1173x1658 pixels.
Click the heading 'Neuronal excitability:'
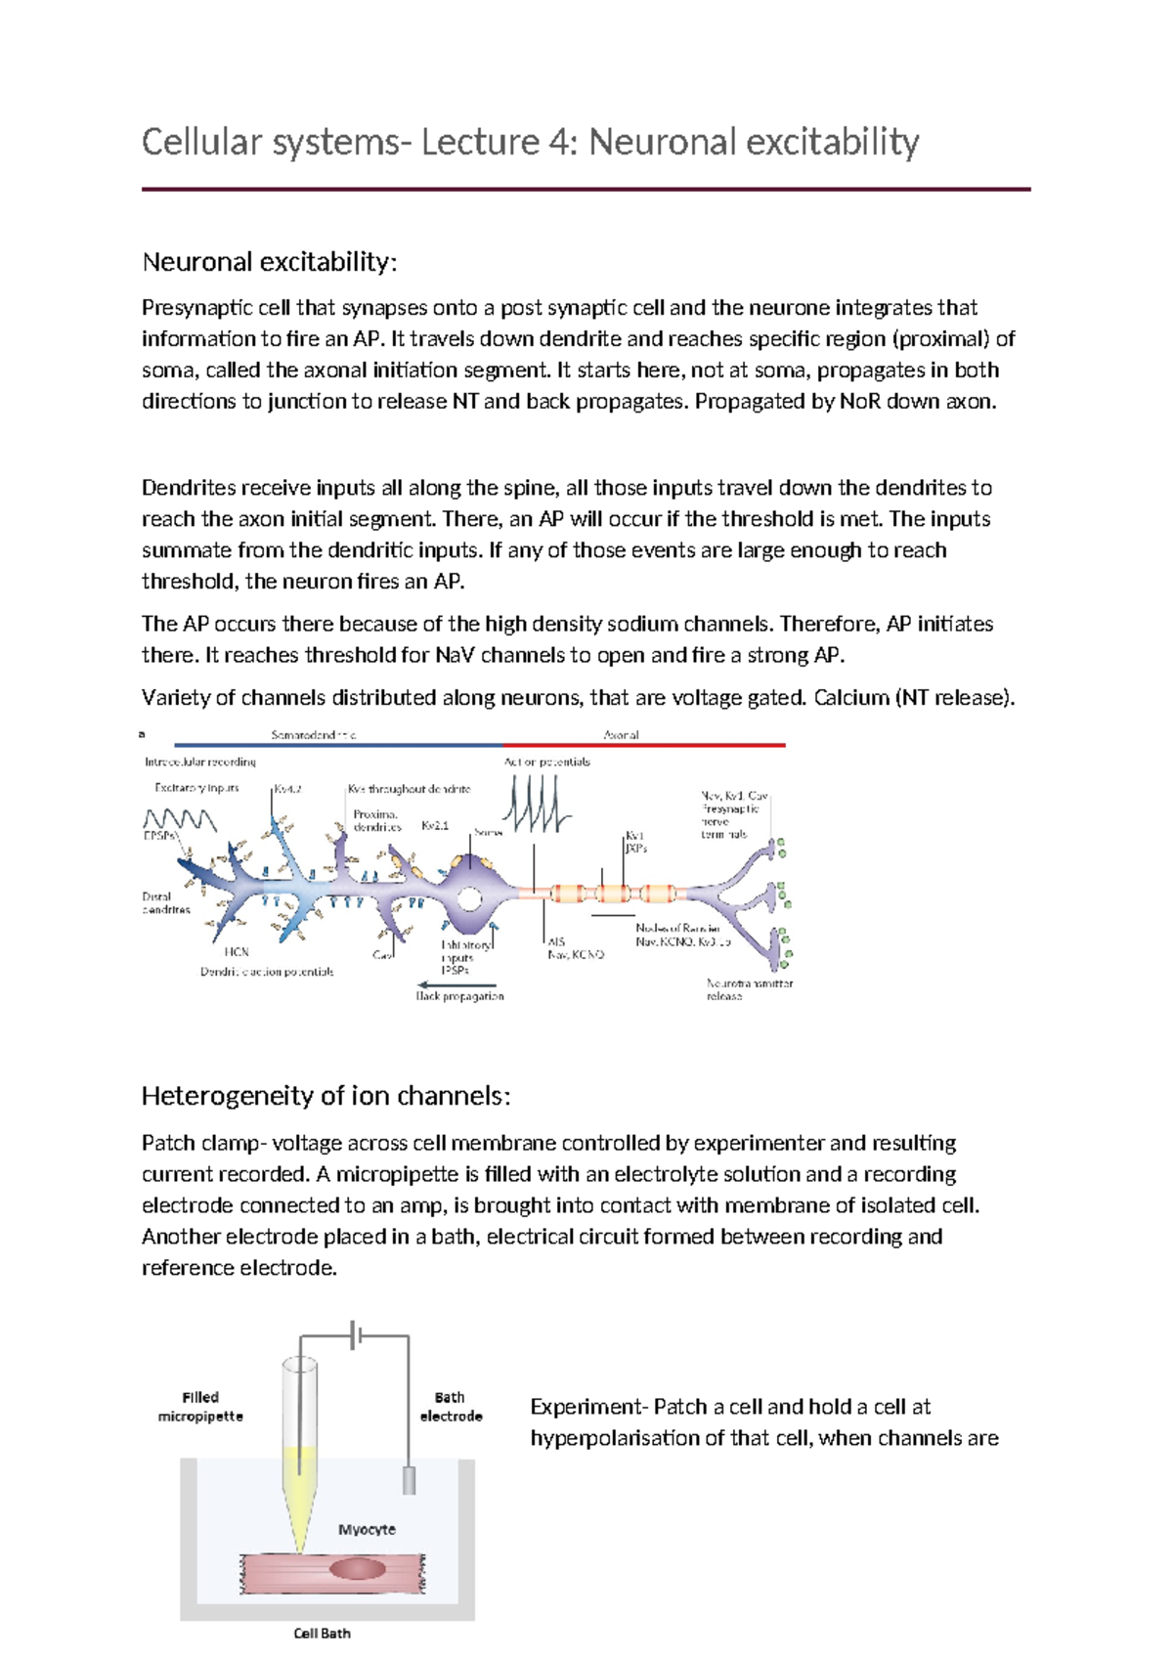[x=269, y=262]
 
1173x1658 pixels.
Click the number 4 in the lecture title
[x=558, y=143]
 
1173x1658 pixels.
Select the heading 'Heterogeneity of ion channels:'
[x=326, y=1096]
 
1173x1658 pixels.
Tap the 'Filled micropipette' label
[x=200, y=1407]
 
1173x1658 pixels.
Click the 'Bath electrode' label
[x=451, y=1407]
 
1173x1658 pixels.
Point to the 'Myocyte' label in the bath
[x=367, y=1529]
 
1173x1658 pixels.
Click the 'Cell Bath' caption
[x=322, y=1633]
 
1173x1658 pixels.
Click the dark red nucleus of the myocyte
[x=358, y=1570]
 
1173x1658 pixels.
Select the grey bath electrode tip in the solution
[x=409, y=1480]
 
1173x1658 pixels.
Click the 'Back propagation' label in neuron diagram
[x=459, y=996]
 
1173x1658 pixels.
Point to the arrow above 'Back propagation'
[x=456, y=984]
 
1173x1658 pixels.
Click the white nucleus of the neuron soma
[x=469, y=898]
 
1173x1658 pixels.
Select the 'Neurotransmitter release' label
[x=749, y=989]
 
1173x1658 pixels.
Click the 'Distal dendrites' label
[x=165, y=902]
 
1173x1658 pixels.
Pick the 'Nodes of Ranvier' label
[x=677, y=928]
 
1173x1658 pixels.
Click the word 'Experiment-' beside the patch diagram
[x=588, y=1407]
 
